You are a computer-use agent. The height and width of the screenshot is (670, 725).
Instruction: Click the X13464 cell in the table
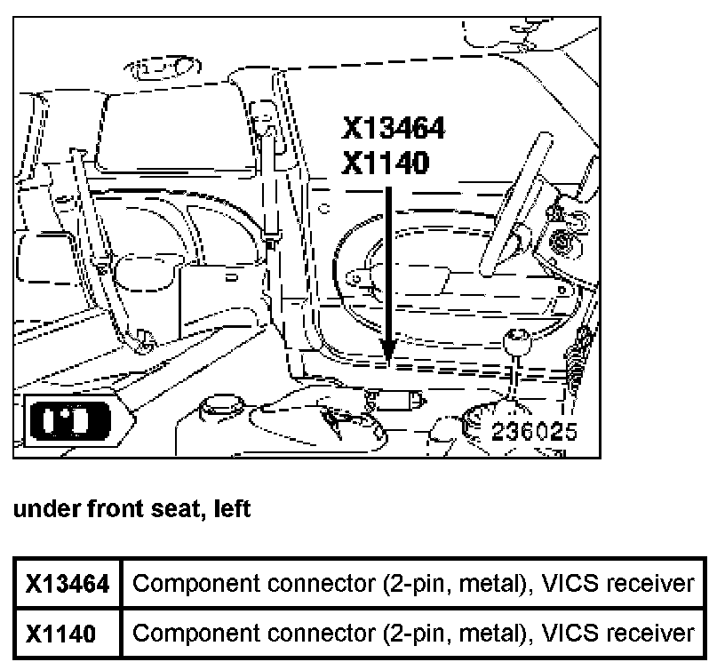click(x=68, y=584)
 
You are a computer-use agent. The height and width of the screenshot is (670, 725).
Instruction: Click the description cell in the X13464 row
click(x=412, y=584)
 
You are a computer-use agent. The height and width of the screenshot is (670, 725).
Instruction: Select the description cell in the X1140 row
click(x=412, y=633)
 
